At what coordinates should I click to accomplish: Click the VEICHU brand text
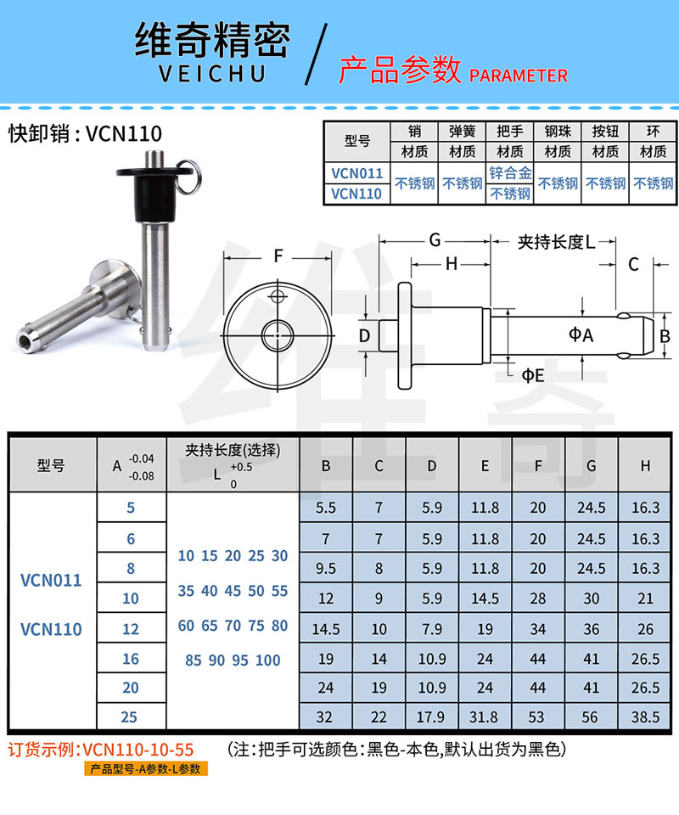[x=212, y=73]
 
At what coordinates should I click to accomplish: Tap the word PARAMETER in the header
[x=518, y=76]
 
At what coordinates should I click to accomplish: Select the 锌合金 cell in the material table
[x=510, y=172]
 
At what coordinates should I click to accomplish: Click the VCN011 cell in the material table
[x=357, y=173]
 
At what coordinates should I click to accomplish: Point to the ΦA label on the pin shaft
[x=581, y=334]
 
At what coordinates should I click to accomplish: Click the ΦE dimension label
[x=532, y=375]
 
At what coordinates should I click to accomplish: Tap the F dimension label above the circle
[x=278, y=256]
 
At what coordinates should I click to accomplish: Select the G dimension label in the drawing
[x=435, y=240]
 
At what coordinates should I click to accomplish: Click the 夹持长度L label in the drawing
[x=557, y=242]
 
